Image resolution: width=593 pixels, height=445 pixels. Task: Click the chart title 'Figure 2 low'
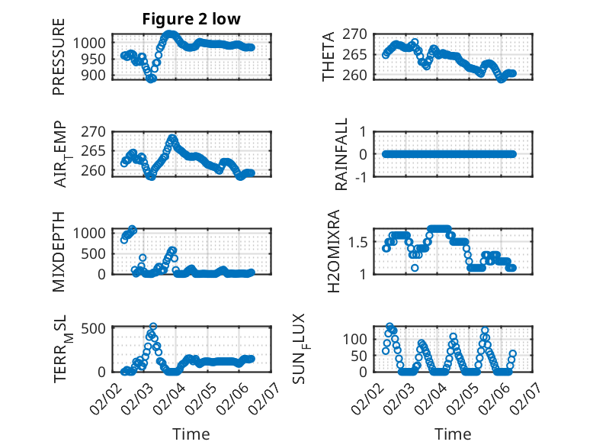pos(191,20)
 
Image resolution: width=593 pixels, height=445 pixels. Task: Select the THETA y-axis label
pos(329,56)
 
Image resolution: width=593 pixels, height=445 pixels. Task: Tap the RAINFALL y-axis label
pos(342,154)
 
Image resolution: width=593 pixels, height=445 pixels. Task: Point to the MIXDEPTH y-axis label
pos(59,252)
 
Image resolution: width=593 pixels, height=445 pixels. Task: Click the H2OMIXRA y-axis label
pos(333,252)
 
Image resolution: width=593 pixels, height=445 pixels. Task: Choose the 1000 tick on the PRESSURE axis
pos(95,43)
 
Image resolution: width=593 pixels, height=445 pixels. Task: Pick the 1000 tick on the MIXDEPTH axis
pos(95,233)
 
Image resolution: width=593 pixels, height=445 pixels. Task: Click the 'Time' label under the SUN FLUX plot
pos(454,434)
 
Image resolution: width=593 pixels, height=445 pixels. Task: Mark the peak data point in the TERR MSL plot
pos(153,327)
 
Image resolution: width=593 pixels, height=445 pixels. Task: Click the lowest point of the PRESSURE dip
pos(151,79)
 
